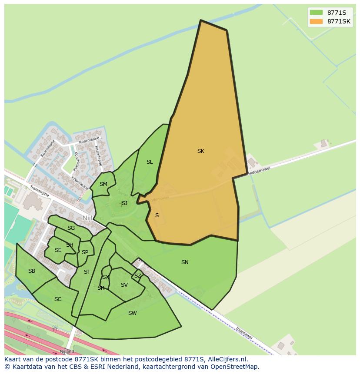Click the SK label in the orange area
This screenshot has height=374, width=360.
[x=200, y=151]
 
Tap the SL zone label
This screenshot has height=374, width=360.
[x=150, y=162]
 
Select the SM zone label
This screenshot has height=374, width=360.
[x=103, y=184]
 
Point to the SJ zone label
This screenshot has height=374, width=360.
[x=124, y=203]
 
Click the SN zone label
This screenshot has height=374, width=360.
[x=185, y=262]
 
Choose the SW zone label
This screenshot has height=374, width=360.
[x=133, y=313]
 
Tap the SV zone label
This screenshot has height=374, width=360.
[x=124, y=285]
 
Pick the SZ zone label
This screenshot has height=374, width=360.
[x=137, y=276]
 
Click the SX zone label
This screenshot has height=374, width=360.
[x=105, y=277]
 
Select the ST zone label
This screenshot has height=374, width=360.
[x=87, y=272]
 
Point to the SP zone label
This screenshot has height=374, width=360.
[x=85, y=252]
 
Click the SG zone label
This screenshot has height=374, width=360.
[x=71, y=228]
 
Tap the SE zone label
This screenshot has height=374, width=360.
[x=58, y=250]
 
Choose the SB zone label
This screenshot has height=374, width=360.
[x=31, y=271]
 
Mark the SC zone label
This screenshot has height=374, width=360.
[x=58, y=299]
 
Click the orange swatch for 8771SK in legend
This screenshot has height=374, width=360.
[x=316, y=21]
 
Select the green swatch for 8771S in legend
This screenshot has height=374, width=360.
[x=316, y=12]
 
